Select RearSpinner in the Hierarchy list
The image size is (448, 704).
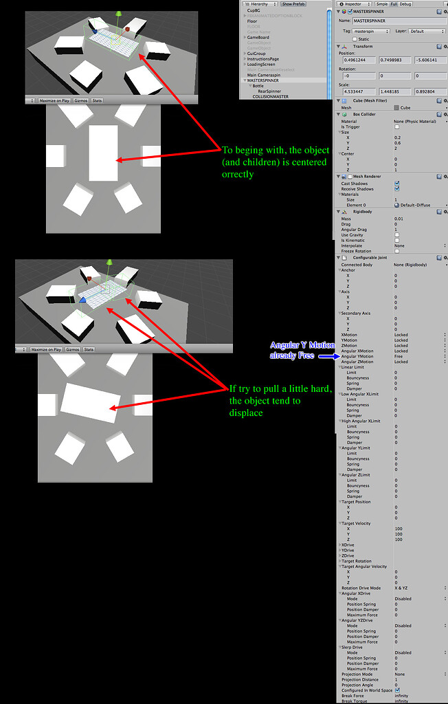[x=269, y=91]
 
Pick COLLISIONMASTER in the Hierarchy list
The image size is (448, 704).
[x=271, y=96]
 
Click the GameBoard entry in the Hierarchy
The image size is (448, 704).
[x=259, y=38]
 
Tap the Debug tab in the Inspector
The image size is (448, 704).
[x=405, y=4]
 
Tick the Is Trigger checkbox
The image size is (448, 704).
[x=396, y=126]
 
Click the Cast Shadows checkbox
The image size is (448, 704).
[x=396, y=184]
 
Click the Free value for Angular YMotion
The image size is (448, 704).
[x=399, y=356]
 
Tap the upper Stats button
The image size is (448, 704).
[x=97, y=100]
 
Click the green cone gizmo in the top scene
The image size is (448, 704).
[x=119, y=14]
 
